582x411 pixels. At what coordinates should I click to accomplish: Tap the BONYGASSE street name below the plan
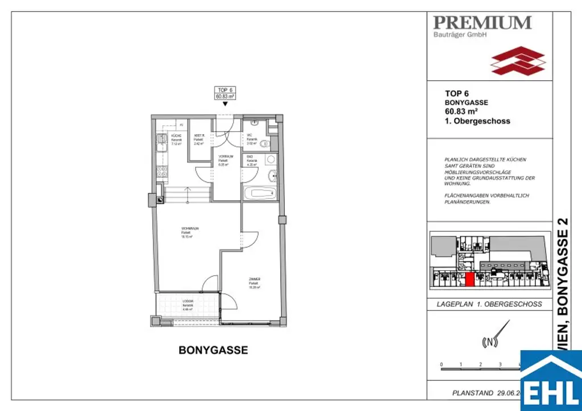point(213,350)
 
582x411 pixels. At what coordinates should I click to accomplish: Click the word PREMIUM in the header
point(482,23)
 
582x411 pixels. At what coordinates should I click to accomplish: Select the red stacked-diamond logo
point(518,61)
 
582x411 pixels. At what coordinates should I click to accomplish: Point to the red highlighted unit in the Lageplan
point(470,279)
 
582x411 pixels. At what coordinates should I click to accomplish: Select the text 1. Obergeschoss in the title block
point(477,121)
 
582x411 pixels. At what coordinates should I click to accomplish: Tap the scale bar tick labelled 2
point(480,364)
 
